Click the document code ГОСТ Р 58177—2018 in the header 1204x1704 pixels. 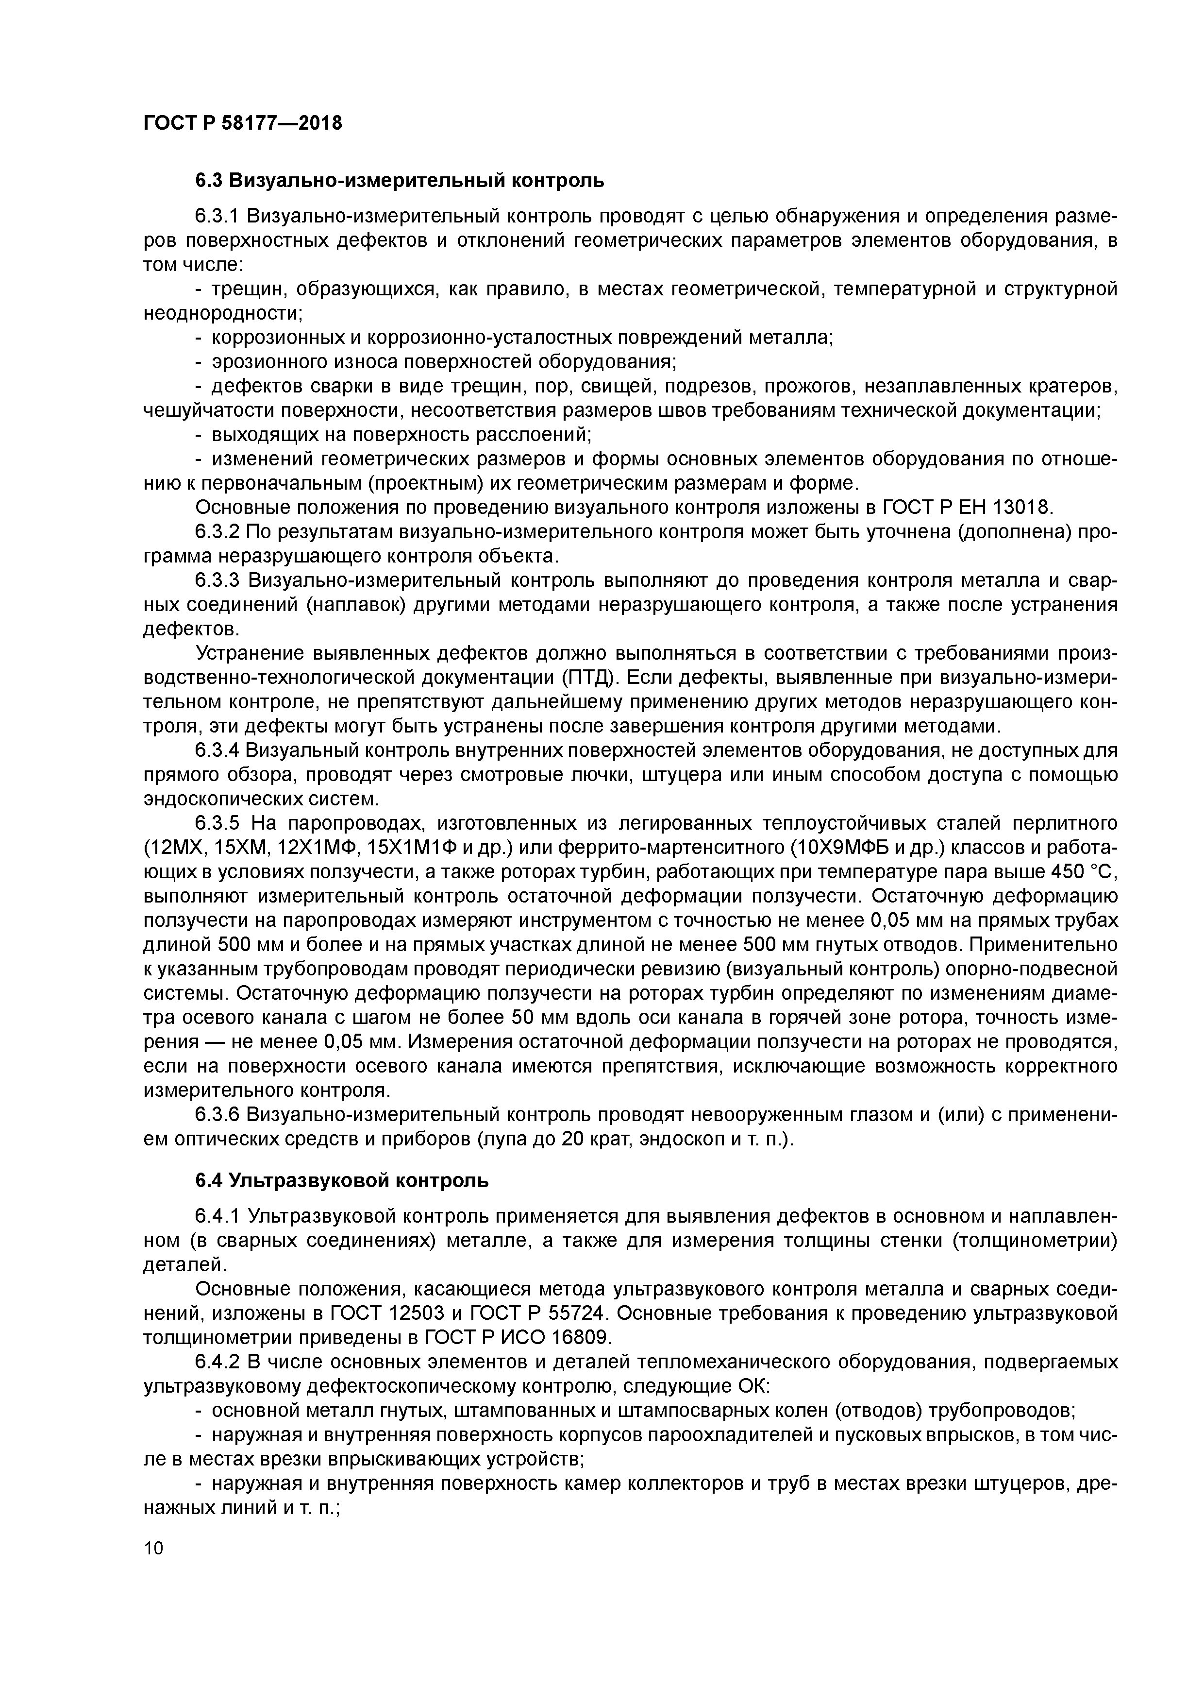(x=243, y=123)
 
